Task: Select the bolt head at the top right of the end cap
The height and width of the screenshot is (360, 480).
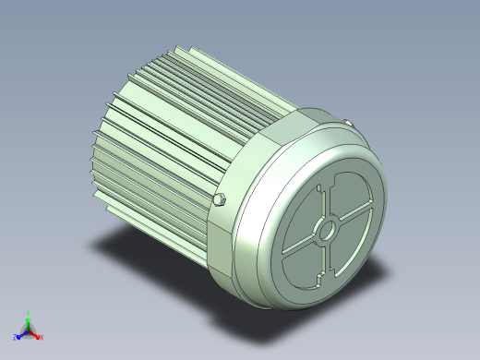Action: coord(348,123)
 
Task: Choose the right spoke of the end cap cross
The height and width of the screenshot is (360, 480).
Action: coord(355,213)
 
